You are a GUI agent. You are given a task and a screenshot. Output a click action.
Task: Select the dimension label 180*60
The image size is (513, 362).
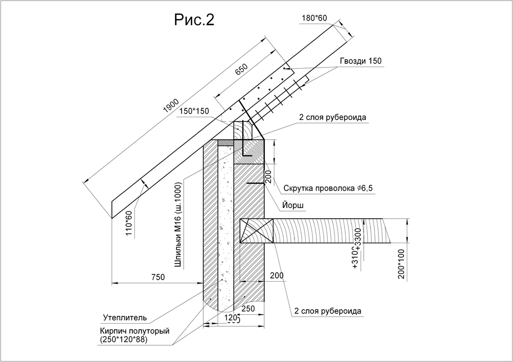point(314,18)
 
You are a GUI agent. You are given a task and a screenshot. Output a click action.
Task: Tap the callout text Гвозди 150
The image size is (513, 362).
point(361,61)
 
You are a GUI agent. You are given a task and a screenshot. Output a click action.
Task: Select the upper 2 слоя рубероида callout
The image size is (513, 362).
point(332,117)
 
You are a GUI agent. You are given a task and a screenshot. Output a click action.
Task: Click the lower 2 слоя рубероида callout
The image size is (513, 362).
point(328,311)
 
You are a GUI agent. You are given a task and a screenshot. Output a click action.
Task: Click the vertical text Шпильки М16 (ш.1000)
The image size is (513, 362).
point(178,223)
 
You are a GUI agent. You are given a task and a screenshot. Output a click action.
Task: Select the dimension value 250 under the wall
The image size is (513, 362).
point(248,309)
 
